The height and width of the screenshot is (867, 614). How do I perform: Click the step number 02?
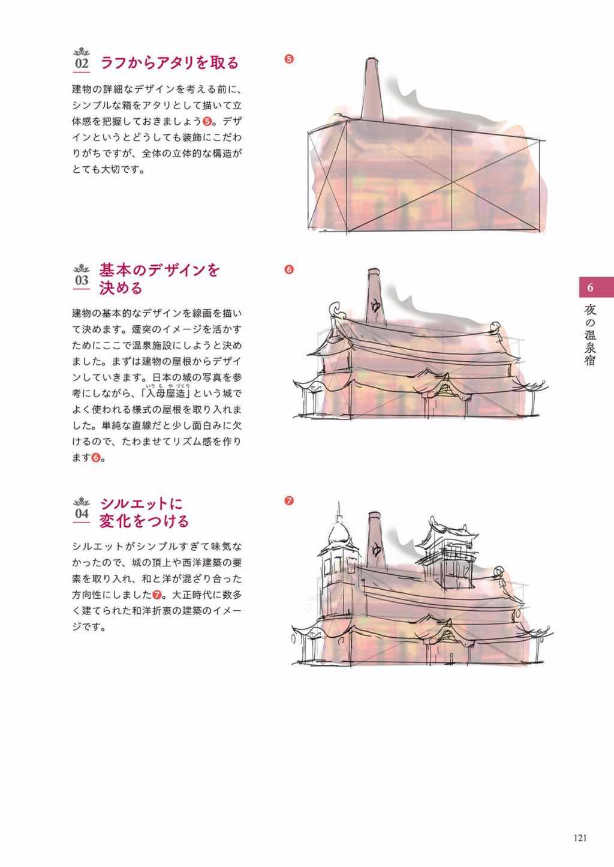(x=82, y=63)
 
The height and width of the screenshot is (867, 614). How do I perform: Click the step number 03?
(x=82, y=280)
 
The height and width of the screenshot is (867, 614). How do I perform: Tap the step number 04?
(x=82, y=514)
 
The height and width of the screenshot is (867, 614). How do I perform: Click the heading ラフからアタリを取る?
(x=170, y=63)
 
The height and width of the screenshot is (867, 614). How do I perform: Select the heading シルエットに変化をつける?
(x=144, y=512)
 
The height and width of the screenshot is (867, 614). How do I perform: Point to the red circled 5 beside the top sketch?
(x=288, y=59)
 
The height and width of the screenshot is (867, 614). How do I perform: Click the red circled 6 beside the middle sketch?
(x=288, y=269)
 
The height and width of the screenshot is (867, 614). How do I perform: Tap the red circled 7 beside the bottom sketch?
(x=288, y=501)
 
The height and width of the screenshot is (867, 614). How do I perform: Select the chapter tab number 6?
(x=590, y=287)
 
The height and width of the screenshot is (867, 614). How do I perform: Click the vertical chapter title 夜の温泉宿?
(x=590, y=335)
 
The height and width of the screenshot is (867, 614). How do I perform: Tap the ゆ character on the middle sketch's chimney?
(x=375, y=306)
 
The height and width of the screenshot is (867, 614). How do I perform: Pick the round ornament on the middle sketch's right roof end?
(x=496, y=328)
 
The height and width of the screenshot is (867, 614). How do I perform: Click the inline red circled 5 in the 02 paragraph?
(x=207, y=121)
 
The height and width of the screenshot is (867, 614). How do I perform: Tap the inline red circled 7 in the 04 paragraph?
(x=157, y=594)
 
